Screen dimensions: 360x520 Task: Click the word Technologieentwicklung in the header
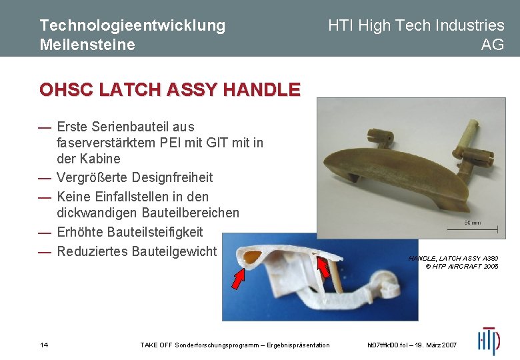pos(132,25)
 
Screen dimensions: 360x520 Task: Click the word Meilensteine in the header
pos(87,45)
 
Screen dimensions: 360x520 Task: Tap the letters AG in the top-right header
pos(493,45)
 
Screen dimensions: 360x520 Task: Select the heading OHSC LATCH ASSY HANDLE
pos(170,89)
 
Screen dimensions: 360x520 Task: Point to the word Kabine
pos(99,159)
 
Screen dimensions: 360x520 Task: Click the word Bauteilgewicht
pos(174,251)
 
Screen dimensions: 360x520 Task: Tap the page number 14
pos(44,345)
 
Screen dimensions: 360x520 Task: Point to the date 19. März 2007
pos(433,345)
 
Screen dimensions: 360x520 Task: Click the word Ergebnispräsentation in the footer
pos(296,345)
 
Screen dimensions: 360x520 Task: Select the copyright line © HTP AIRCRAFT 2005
pos(462,266)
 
